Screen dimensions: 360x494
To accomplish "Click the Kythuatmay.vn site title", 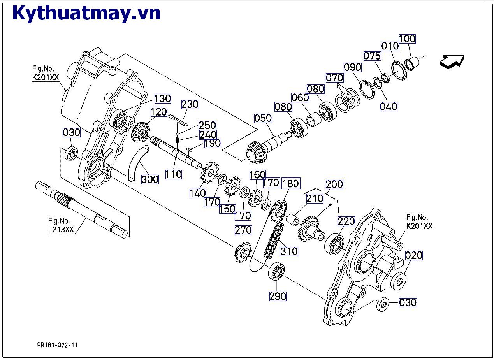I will (86, 13).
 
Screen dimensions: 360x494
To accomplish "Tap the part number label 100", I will (407, 39).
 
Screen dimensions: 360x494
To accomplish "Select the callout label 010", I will (390, 46).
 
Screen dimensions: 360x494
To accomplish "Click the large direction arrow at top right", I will (452, 61).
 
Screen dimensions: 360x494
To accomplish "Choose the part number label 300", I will (150, 179).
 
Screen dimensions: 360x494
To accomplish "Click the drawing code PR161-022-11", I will (57, 345).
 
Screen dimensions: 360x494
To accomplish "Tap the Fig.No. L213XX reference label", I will (61, 225).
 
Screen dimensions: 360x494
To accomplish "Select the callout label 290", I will (278, 296).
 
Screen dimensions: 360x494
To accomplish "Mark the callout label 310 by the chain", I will (289, 251).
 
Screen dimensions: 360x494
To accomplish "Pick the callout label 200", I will (334, 184).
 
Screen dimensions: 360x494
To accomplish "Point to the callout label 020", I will (414, 255).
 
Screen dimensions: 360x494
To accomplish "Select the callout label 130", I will (163, 98).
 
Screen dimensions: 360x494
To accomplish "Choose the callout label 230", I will (190, 104).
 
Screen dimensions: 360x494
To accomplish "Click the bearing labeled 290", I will (277, 271).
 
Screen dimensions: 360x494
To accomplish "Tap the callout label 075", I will (372, 56).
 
